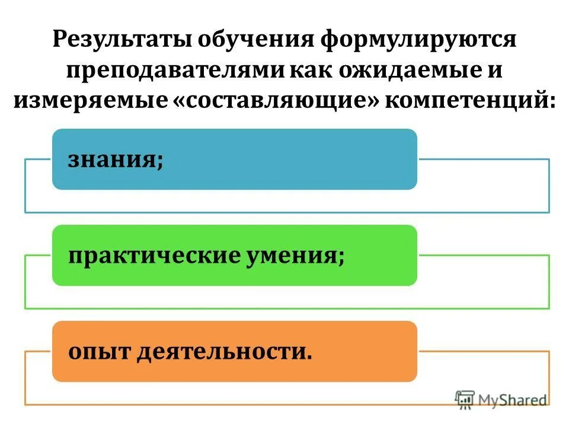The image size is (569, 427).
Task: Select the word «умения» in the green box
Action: (x=295, y=256)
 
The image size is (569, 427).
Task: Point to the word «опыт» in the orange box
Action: (x=98, y=352)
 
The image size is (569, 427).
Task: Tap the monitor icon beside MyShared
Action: (x=466, y=400)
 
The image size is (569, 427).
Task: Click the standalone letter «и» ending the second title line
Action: (x=496, y=71)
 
